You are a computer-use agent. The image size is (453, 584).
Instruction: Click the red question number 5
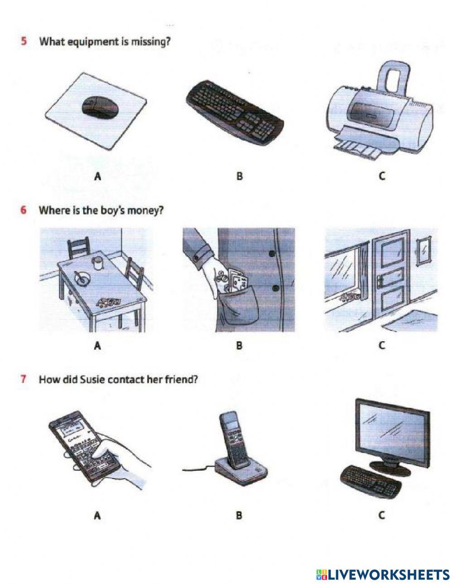pos(24,42)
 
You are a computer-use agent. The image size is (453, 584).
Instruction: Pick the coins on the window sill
pos(349,296)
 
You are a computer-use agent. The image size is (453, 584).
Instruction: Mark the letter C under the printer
pos(381,176)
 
